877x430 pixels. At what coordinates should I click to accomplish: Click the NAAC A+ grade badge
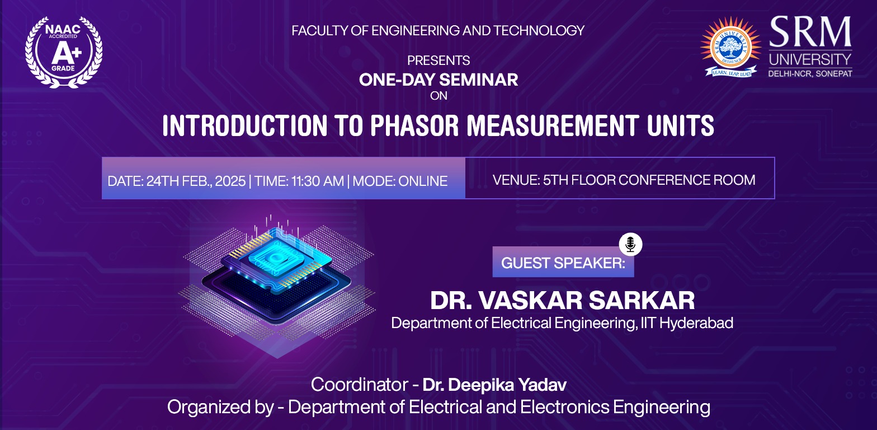64,52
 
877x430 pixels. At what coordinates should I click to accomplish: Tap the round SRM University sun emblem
730,46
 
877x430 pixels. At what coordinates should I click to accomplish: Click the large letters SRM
810,32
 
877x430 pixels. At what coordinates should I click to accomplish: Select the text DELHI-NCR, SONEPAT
810,73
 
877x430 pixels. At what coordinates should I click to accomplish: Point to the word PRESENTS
438,60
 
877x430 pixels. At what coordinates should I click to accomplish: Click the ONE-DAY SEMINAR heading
438,80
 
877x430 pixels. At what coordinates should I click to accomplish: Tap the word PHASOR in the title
414,126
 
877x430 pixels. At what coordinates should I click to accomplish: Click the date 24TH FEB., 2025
196,181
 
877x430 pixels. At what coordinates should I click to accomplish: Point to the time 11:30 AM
318,181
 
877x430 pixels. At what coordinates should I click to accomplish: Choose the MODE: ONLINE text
400,181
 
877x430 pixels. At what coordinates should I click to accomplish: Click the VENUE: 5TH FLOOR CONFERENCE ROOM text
624,180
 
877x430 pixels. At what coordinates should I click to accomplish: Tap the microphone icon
630,244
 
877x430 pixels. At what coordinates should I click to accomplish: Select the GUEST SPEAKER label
563,263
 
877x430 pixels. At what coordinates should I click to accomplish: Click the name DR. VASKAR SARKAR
562,301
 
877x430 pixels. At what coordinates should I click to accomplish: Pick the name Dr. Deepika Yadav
494,385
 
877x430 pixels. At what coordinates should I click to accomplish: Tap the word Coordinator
360,385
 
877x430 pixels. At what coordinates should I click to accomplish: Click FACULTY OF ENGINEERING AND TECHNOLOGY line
438,31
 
